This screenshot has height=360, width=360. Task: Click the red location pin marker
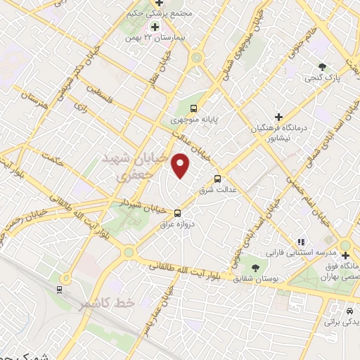coord(181,166)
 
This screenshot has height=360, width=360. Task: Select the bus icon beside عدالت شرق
coord(217,179)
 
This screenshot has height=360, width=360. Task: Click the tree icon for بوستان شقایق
coord(255,268)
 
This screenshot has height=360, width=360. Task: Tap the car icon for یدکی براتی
coord(349,310)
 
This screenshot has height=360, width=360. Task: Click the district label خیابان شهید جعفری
coord(138,165)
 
